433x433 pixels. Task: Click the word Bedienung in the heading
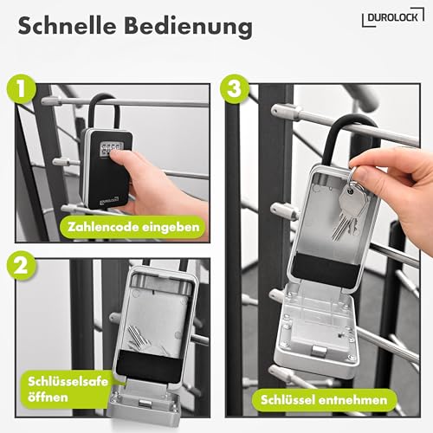(x=190, y=27)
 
